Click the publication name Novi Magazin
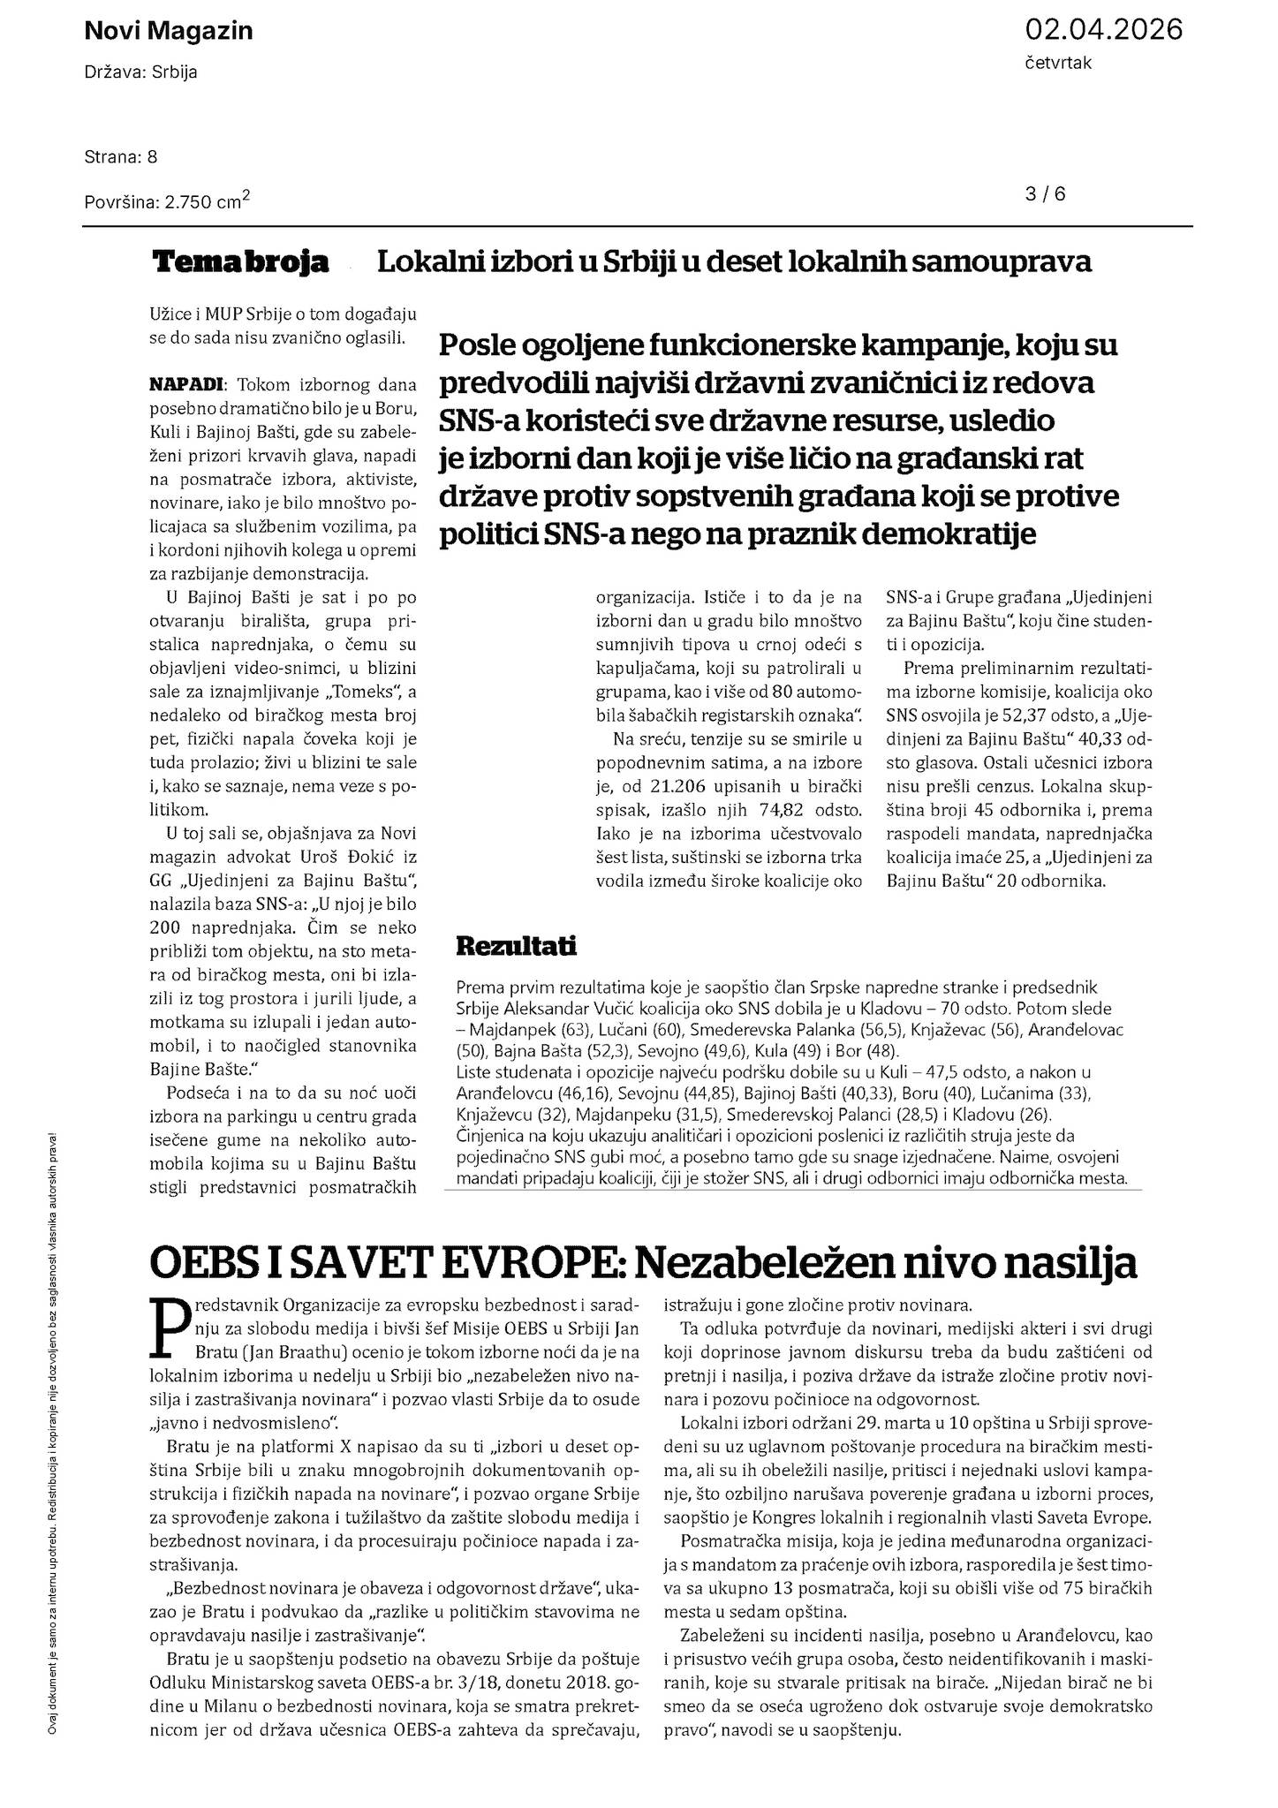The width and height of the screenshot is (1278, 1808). pyautogui.click(x=168, y=31)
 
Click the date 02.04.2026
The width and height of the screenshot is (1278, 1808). pyautogui.click(x=1103, y=30)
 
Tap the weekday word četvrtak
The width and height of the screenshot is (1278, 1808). pyautogui.click(x=1058, y=64)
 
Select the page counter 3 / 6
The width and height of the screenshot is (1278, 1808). pyautogui.click(x=1046, y=194)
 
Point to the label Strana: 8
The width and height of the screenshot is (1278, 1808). pyautogui.click(x=121, y=157)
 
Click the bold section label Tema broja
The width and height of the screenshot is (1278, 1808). pyautogui.click(x=241, y=262)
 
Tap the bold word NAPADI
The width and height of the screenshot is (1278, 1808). pyautogui.click(x=186, y=385)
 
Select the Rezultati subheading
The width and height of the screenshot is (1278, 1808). pyautogui.click(x=516, y=947)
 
